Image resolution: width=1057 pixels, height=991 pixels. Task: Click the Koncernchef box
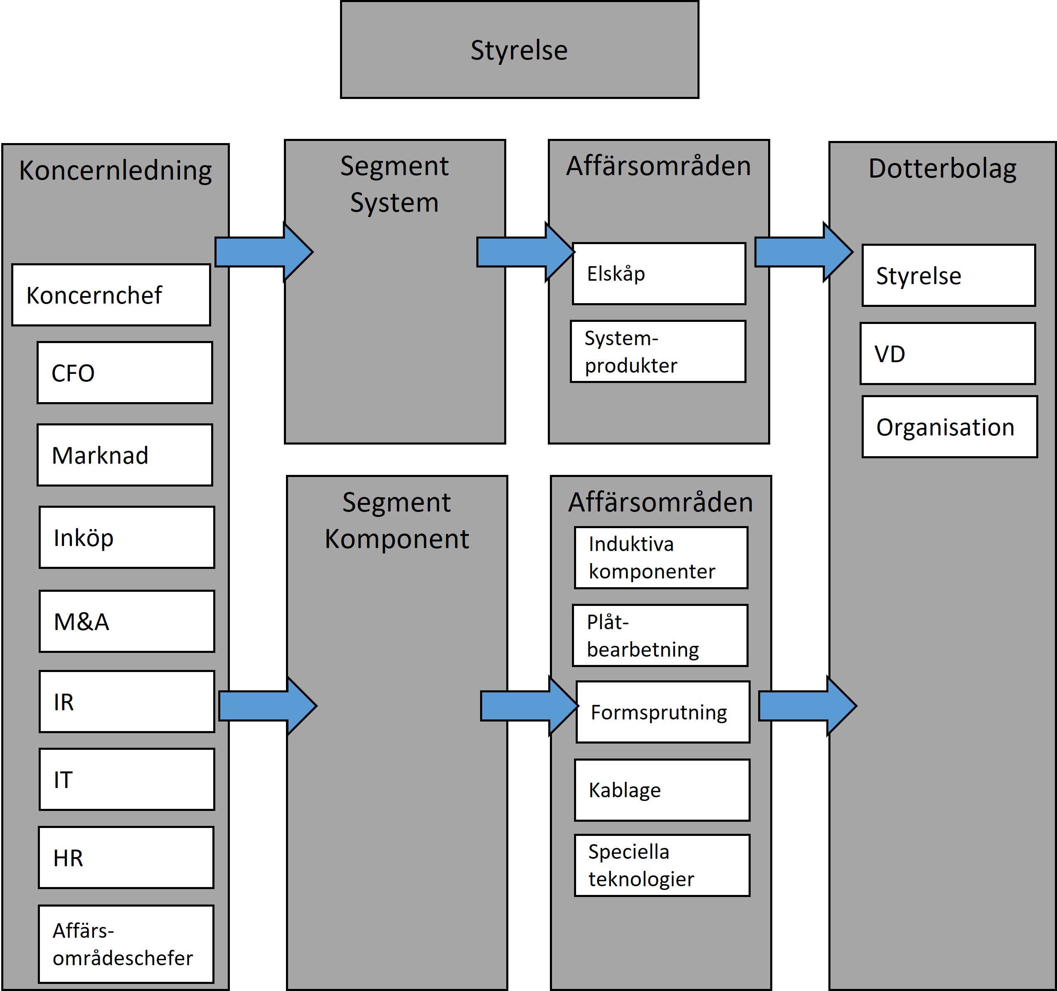111,295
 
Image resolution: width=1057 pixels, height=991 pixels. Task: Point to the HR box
126,858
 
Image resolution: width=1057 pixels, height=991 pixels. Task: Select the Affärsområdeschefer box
126,944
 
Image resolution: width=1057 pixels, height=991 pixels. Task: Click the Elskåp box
659,273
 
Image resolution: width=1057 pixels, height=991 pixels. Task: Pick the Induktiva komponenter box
661,558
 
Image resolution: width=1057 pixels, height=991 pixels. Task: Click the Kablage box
663,790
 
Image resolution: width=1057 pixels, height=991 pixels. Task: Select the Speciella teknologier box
663,865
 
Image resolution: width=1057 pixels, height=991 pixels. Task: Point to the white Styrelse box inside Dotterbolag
949,275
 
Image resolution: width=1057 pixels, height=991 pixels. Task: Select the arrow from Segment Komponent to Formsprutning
530,706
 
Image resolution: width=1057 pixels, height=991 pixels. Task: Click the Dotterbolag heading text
942,169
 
